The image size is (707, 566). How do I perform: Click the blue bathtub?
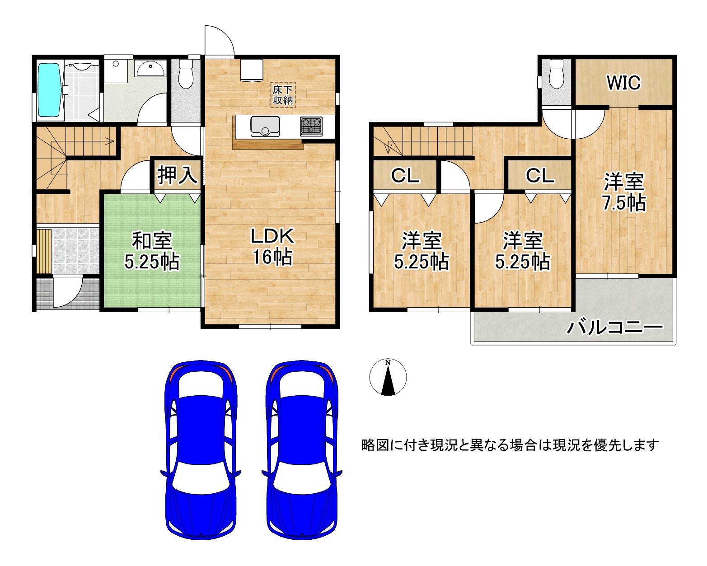point(49,89)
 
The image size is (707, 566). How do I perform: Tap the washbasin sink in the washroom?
point(150,70)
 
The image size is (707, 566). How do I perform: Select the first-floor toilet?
point(186,75)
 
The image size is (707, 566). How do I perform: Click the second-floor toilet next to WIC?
point(556,75)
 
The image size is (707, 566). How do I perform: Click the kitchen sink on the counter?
point(265,126)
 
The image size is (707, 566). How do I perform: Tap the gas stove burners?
point(311,126)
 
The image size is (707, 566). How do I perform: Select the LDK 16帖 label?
point(272,246)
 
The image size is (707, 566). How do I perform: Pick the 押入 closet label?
point(177,175)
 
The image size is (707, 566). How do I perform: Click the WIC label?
point(623,83)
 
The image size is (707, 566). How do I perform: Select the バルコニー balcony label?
point(615,327)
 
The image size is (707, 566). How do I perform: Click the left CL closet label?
point(405,175)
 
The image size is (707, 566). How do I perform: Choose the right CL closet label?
point(540,175)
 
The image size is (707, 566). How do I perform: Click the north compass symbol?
point(388,378)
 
